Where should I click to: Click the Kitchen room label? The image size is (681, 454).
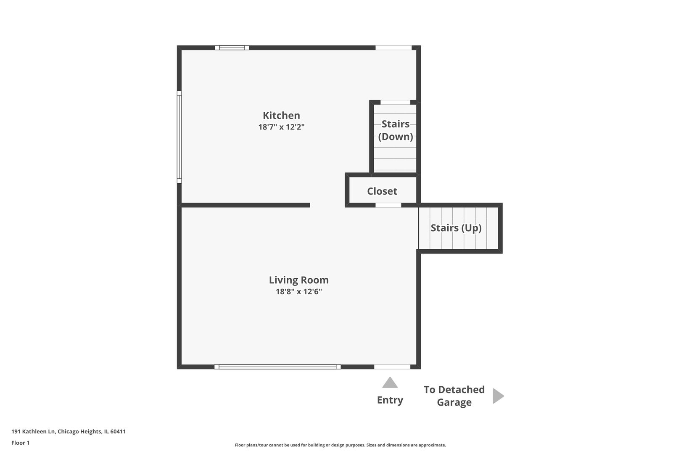281,116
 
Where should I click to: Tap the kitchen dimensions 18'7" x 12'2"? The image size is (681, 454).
281,127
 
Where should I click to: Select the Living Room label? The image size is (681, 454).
298,280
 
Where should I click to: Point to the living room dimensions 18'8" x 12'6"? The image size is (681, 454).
298,291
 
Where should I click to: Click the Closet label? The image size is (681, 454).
382,191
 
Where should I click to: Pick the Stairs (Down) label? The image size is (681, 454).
395,130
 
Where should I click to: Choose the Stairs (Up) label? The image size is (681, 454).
456,228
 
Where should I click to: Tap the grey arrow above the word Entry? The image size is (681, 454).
390,383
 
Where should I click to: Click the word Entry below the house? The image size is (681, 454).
390,400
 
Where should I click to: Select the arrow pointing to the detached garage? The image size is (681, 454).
498,396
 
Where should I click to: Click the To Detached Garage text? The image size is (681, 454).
454,396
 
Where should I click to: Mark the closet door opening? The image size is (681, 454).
388,205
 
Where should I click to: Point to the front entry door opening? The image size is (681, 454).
392,367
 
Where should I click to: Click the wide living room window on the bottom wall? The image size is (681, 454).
277,367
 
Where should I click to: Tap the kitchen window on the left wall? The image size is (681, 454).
179,137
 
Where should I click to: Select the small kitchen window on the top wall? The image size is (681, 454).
232,48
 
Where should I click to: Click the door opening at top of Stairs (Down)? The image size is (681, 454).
395,102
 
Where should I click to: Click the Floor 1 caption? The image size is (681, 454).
21,443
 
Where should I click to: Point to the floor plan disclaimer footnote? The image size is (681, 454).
340,445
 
